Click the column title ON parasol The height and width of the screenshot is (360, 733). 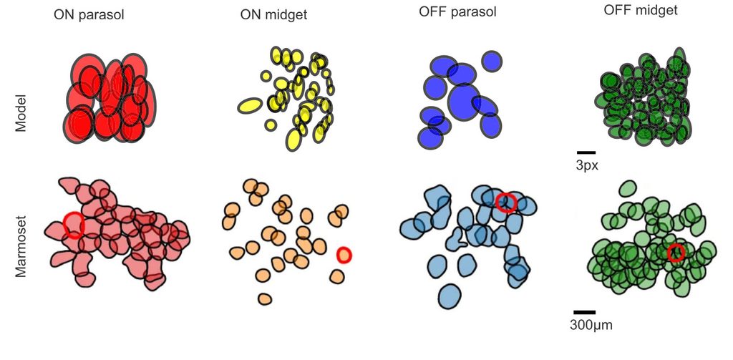tap(89, 14)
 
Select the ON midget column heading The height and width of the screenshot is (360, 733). tap(273, 14)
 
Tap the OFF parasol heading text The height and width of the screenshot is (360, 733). tap(457, 13)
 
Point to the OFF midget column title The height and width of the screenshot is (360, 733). tap(641, 11)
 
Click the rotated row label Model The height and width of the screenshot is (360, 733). tap(21, 113)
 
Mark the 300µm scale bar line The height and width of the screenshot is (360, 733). tap(584, 312)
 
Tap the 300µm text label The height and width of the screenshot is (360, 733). tap(591, 325)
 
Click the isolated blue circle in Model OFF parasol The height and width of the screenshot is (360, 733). tap(492, 62)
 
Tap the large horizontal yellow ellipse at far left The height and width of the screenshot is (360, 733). tap(250, 106)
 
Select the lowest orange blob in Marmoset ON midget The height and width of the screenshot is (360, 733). tap(265, 298)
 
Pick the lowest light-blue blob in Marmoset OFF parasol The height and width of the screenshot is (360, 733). tap(450, 296)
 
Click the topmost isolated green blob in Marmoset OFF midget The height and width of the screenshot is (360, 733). tap(627, 189)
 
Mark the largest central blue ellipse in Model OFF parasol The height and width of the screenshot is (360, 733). tap(464, 101)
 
